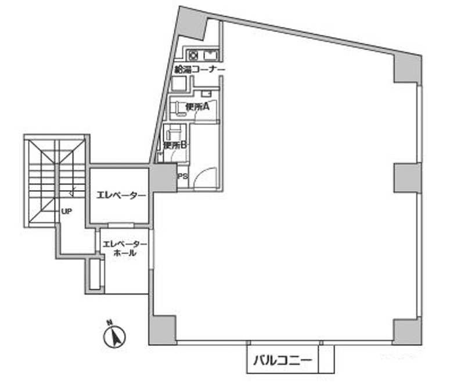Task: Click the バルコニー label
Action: [282, 361]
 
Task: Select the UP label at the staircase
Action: [67, 212]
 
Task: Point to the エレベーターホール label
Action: [124, 248]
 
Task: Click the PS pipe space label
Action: [183, 176]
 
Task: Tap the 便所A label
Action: [197, 107]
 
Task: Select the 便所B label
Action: [175, 145]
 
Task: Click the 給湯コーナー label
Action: [200, 70]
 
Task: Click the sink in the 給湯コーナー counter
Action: [210, 55]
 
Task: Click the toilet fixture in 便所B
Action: [173, 133]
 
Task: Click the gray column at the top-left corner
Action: [191, 23]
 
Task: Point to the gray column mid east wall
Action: [408, 178]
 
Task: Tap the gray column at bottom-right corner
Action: [407, 331]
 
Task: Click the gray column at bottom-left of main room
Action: [163, 330]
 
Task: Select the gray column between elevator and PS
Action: [163, 178]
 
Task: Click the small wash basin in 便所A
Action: [206, 94]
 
